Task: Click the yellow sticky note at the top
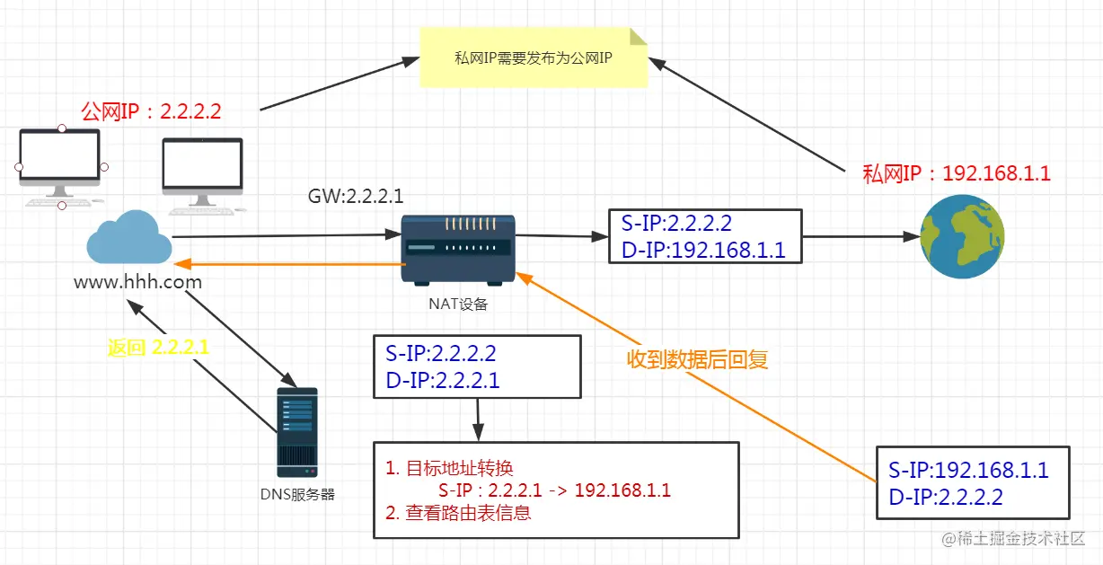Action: point(534,57)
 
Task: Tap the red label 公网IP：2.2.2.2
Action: point(151,112)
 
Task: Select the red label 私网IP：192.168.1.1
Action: point(956,173)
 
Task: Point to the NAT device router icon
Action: point(458,249)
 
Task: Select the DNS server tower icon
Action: point(296,432)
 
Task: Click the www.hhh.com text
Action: point(137,282)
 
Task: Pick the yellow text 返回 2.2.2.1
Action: point(158,348)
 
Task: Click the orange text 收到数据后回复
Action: point(697,359)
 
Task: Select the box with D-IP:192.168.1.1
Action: point(703,236)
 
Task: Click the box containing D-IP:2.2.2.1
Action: point(477,366)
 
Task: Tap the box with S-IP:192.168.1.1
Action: point(973,481)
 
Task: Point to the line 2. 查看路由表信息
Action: point(458,514)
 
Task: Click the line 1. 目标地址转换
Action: point(449,468)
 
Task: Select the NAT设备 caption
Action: point(458,304)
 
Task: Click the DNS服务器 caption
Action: point(297,494)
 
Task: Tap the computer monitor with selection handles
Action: point(60,166)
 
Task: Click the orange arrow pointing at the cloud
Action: point(287,264)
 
